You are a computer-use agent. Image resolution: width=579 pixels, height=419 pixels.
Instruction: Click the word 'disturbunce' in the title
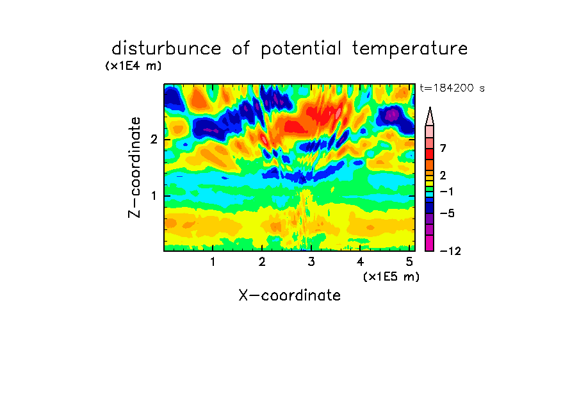point(167,49)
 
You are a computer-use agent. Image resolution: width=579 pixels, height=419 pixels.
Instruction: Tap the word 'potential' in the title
point(301,49)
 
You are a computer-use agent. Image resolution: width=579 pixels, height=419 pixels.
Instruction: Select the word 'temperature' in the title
point(410,49)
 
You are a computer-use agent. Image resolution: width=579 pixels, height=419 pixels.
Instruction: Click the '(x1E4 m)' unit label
point(133,66)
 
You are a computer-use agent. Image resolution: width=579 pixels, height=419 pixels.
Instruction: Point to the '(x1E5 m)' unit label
point(391,276)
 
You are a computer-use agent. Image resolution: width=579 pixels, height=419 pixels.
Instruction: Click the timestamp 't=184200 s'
point(452,88)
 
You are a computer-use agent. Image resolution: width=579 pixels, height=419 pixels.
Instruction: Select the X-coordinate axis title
point(289,295)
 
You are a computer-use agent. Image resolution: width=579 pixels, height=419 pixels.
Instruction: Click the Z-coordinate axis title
point(135,167)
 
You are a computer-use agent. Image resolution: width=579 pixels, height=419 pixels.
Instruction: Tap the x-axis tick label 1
point(213,261)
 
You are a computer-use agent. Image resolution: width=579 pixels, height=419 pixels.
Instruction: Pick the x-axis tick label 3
point(311,261)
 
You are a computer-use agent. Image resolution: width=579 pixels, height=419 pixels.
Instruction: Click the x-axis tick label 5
point(409,261)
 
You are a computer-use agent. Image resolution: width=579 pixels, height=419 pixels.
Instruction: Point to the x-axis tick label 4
point(360,261)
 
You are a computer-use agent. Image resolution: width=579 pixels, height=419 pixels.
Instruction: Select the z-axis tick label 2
point(154,140)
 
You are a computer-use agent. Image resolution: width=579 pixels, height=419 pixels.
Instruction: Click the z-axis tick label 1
point(154,195)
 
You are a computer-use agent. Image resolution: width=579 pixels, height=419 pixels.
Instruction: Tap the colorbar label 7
point(443,148)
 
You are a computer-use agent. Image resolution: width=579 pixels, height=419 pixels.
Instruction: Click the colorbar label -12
point(450,251)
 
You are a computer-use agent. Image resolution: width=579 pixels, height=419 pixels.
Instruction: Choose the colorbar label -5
point(447,213)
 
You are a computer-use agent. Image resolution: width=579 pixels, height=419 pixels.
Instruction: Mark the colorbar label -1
point(446,192)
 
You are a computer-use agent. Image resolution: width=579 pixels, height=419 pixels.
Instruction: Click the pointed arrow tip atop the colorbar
point(430,107)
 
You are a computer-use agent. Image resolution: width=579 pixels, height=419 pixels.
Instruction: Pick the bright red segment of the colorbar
point(430,154)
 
